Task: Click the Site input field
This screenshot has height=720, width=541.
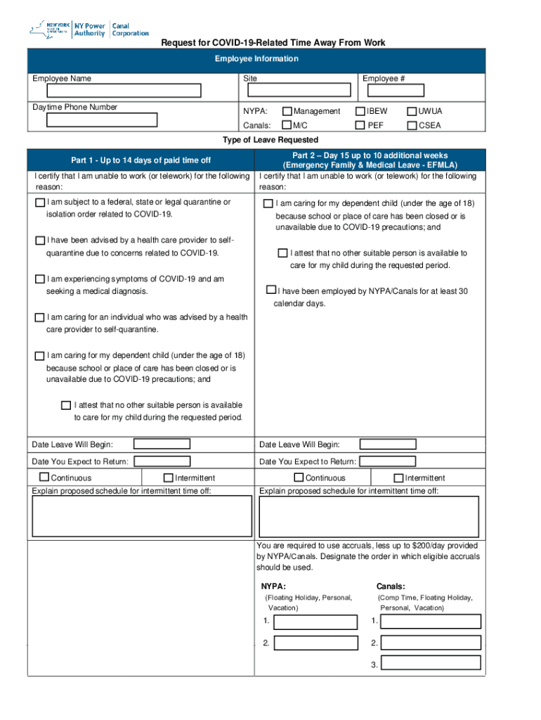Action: (x=297, y=90)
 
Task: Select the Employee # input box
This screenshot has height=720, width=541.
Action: (x=393, y=90)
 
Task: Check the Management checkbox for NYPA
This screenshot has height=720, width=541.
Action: (x=287, y=111)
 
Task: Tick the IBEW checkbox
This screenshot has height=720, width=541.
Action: (x=360, y=111)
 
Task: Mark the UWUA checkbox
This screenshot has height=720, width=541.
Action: (x=412, y=111)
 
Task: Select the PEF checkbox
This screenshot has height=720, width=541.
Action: (x=360, y=125)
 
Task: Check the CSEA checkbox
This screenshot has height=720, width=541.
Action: (x=412, y=125)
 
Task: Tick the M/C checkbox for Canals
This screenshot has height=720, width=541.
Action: (x=287, y=125)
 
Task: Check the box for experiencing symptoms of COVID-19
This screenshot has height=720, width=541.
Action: (x=40, y=280)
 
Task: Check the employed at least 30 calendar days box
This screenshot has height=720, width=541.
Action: (x=271, y=290)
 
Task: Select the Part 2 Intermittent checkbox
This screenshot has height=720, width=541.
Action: (x=399, y=477)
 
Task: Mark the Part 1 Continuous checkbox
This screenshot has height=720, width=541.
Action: (x=44, y=477)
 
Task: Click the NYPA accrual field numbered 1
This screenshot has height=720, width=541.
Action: (x=315, y=622)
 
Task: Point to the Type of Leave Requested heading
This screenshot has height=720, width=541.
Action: (x=270, y=140)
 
